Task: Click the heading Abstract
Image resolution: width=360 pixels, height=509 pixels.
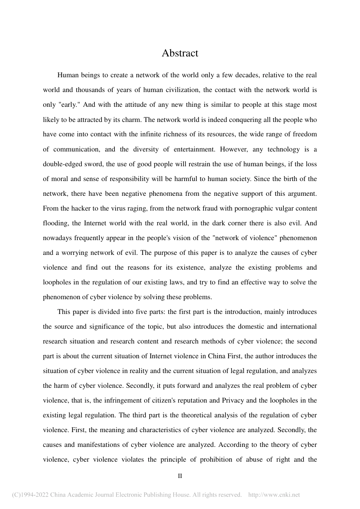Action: click(x=180, y=53)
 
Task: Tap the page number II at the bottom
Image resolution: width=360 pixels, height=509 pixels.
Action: click(x=180, y=476)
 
